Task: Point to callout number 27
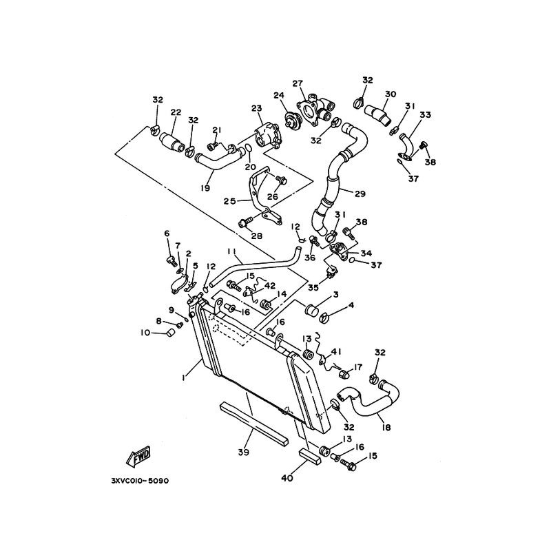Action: pos(298,84)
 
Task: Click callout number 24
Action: pos(279,96)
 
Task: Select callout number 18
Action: pos(386,428)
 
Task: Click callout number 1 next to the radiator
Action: pos(183,377)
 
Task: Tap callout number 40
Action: pos(287,477)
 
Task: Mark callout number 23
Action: pos(256,108)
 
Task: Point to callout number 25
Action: pos(230,200)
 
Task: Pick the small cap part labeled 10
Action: pos(166,333)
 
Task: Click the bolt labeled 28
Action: pos(245,222)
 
